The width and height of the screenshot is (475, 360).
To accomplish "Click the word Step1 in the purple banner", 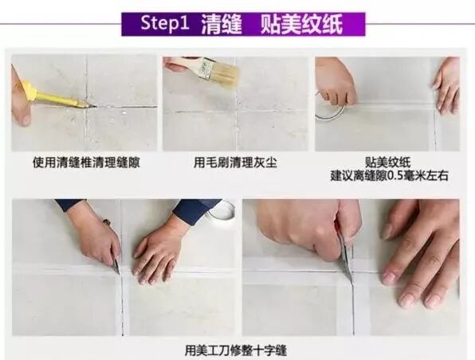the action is point(165,23).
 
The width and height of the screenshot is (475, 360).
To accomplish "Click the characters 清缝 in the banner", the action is point(222,24).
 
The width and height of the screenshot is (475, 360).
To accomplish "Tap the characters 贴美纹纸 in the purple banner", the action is point(301,24).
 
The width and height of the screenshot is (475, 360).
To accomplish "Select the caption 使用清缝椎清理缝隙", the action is point(86,163).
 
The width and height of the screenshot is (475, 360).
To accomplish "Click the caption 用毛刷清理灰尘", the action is point(235,163).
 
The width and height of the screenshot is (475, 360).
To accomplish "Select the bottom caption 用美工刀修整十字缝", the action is point(236,350).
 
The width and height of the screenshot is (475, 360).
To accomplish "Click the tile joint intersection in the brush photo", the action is point(237,112).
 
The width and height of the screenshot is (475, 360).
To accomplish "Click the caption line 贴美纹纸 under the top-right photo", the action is point(387,162).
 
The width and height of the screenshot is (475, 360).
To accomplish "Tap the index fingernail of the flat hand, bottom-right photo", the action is point(389,276).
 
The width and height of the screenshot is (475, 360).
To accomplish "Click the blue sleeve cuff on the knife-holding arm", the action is point(70,205).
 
